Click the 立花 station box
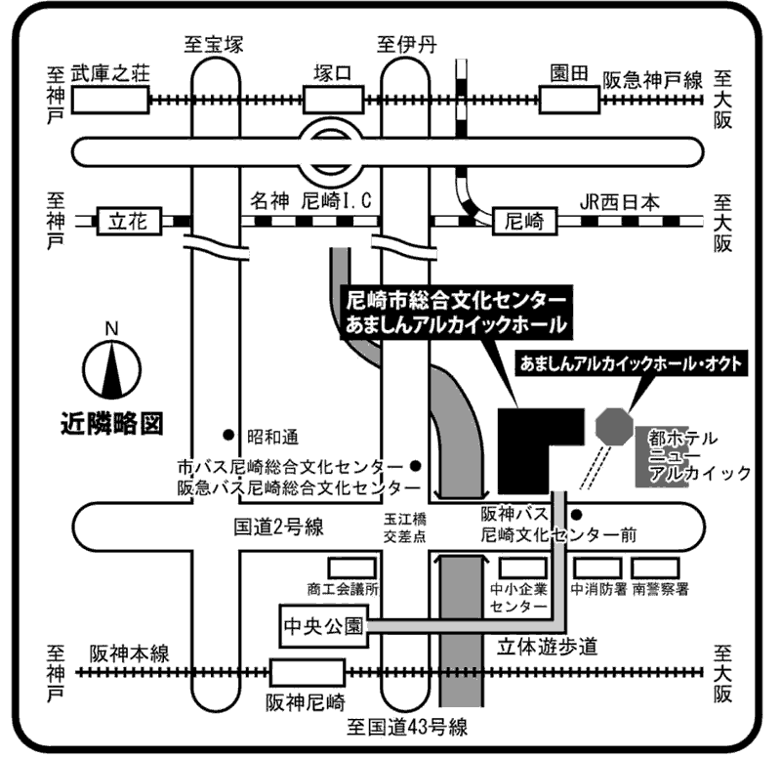[x=129, y=222]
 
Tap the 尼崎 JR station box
[x=524, y=222]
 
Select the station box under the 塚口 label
[x=333, y=100]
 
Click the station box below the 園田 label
[x=569, y=100]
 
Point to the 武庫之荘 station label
[x=110, y=73]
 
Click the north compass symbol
[x=112, y=369]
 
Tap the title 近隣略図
[x=112, y=424]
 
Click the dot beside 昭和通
[x=228, y=435]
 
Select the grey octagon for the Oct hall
[x=615, y=426]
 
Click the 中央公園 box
[x=324, y=626]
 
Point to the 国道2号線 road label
[x=279, y=526]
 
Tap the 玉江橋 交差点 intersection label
[x=405, y=527]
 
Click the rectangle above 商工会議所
[x=351, y=568]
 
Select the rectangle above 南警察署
[x=655, y=568]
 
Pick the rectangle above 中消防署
[x=597, y=568]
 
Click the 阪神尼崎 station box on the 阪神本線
[x=308, y=673]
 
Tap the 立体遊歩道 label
[x=547, y=647]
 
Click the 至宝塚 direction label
[x=214, y=44]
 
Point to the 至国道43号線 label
[x=407, y=727]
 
